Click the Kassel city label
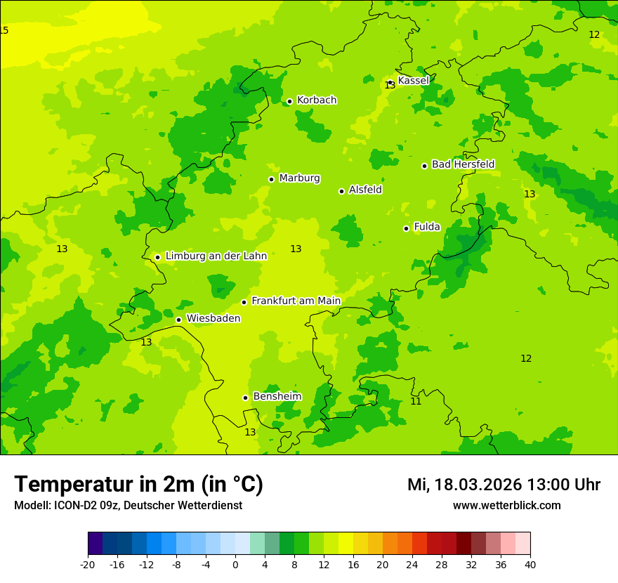pos(413,81)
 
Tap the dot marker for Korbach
pos(289,101)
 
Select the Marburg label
pos(299,178)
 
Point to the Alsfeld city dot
pos(342,191)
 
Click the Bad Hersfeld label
pos(463,164)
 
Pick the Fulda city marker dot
pos(406,228)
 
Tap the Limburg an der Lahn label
pos(216,256)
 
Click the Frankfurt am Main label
pos(296,301)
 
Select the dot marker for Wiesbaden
pos(179,320)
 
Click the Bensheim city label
pos(277,397)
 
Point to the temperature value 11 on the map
pos(416,401)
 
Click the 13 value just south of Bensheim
pos(250,433)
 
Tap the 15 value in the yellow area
pos(4,30)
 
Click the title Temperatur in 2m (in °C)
pos(139,485)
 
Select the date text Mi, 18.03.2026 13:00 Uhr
pos(504,485)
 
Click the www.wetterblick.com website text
pos(506,506)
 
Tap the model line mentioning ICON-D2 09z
pos(128,506)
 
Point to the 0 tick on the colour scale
pos(235,565)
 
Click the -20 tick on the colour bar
pos(88,565)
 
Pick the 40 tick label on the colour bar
pos(530,565)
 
